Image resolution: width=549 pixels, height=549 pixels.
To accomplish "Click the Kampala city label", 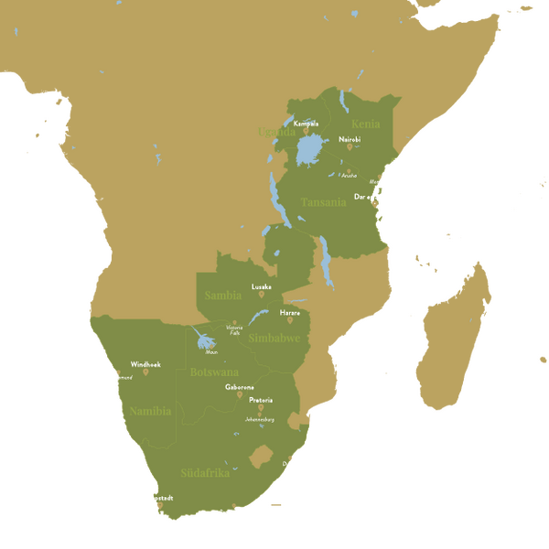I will click(x=306, y=124).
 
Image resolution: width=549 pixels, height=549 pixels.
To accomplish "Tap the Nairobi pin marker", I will click(x=350, y=146).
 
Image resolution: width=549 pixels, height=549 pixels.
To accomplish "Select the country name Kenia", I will click(x=365, y=124).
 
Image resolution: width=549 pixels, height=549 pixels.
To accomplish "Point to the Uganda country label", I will click(x=277, y=133).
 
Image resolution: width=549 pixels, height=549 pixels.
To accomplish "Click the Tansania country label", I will click(x=325, y=202).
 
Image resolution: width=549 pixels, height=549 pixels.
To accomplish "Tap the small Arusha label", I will click(x=349, y=176).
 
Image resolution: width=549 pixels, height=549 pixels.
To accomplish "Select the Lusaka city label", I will click(x=262, y=286).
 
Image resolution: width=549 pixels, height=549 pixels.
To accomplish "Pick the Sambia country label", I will click(x=223, y=296).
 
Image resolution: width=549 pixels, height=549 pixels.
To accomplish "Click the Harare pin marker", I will click(x=290, y=320).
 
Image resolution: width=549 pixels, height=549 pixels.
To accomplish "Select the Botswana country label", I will click(x=214, y=372).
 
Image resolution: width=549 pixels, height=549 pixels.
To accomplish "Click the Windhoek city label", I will click(x=145, y=363).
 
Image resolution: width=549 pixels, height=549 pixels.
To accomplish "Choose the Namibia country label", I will click(x=150, y=411).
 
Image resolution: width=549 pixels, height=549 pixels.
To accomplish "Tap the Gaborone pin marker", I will click(x=240, y=395).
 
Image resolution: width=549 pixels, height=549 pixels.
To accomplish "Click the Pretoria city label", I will click(x=262, y=400).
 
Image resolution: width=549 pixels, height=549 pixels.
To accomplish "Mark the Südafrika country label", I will click(x=205, y=473).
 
